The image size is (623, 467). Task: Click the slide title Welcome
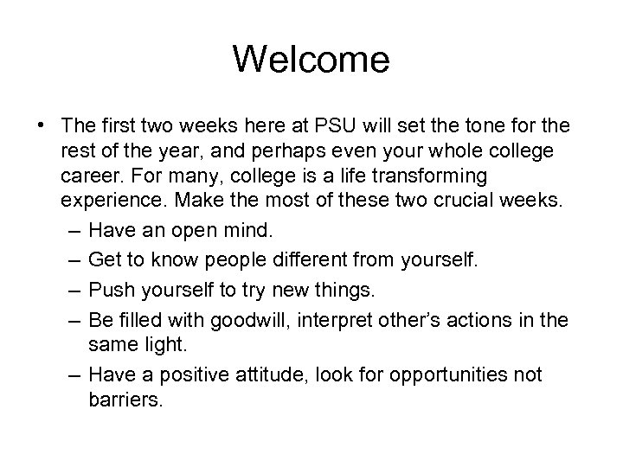point(311,60)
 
